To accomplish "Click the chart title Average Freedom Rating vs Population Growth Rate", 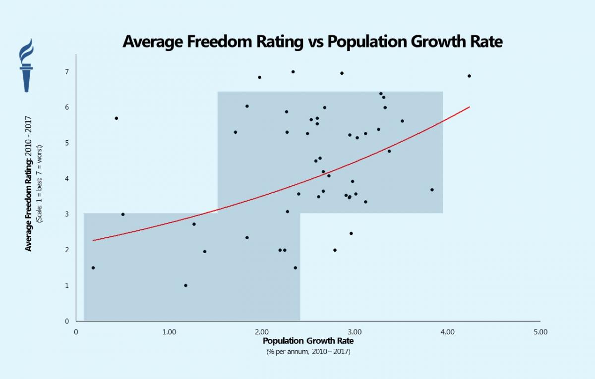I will (x=312, y=42).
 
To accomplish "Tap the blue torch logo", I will (x=26, y=65).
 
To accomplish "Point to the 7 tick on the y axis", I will (x=67, y=72).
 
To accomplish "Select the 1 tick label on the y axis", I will (x=67, y=286).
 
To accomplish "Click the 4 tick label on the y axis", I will (x=67, y=179).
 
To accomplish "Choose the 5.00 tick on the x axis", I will (x=540, y=332).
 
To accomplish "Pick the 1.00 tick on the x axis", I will (x=169, y=332).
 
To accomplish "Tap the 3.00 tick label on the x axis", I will (x=355, y=332).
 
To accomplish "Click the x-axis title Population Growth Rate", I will (x=308, y=341).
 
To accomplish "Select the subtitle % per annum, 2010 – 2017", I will (x=308, y=352).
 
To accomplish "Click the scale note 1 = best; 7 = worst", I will (x=40, y=183).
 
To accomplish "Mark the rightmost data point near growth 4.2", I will (x=469, y=76).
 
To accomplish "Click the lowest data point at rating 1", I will (x=185, y=285).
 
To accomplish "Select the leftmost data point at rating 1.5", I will (x=93, y=268).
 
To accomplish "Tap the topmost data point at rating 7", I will (x=293, y=72).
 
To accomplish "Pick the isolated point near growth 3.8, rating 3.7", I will (x=432, y=190).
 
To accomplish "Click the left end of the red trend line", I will (x=93, y=240).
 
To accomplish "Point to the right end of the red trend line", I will (x=469, y=107).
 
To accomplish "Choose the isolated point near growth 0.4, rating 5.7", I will (x=116, y=118).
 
